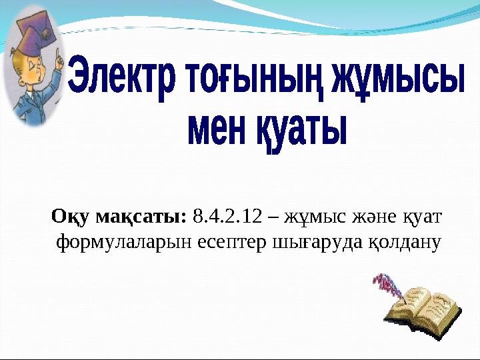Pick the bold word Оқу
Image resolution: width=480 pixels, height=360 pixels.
tap(72, 217)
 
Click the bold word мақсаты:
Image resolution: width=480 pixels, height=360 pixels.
tap(143, 217)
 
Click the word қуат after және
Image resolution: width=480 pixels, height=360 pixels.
tap(421, 217)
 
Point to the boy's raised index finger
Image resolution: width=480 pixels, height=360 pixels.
tap(59, 61)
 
